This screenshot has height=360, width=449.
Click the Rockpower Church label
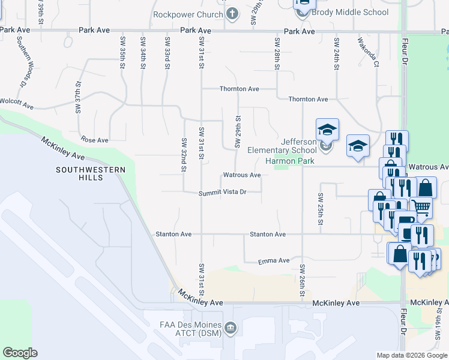tap(188, 14)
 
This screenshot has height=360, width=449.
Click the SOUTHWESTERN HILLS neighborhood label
tap(99, 174)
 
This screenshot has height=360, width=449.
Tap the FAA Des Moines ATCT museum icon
tap(232, 328)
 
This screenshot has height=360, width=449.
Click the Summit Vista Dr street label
tap(223, 193)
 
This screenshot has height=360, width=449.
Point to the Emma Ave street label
tap(274, 261)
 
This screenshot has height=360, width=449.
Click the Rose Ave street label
tap(94, 140)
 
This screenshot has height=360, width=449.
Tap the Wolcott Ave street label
tap(16, 103)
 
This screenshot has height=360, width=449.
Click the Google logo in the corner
tap(20, 353)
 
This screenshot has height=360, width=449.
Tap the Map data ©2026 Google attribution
tap(412, 355)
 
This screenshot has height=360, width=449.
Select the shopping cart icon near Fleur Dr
tap(421, 208)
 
